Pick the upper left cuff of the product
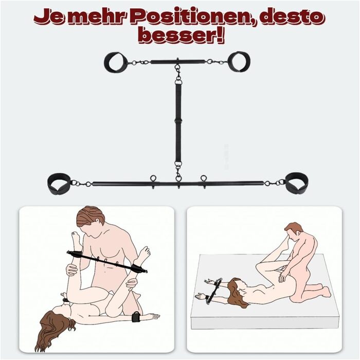click(x=115, y=62)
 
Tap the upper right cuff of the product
click(x=239, y=62)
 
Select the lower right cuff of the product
click(x=297, y=183)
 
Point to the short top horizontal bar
click(x=177, y=62)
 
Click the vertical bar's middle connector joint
click(x=178, y=121)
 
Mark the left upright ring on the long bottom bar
click(x=153, y=179)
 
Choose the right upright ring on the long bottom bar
click(x=204, y=179)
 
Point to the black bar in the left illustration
click(x=105, y=262)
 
